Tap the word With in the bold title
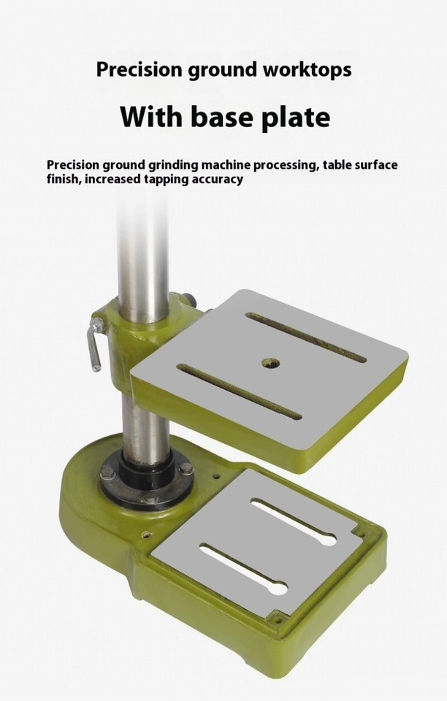pos(150,117)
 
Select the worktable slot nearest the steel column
pos(240,392)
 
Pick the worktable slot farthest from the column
pos(305,337)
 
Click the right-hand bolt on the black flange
pos(186,469)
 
